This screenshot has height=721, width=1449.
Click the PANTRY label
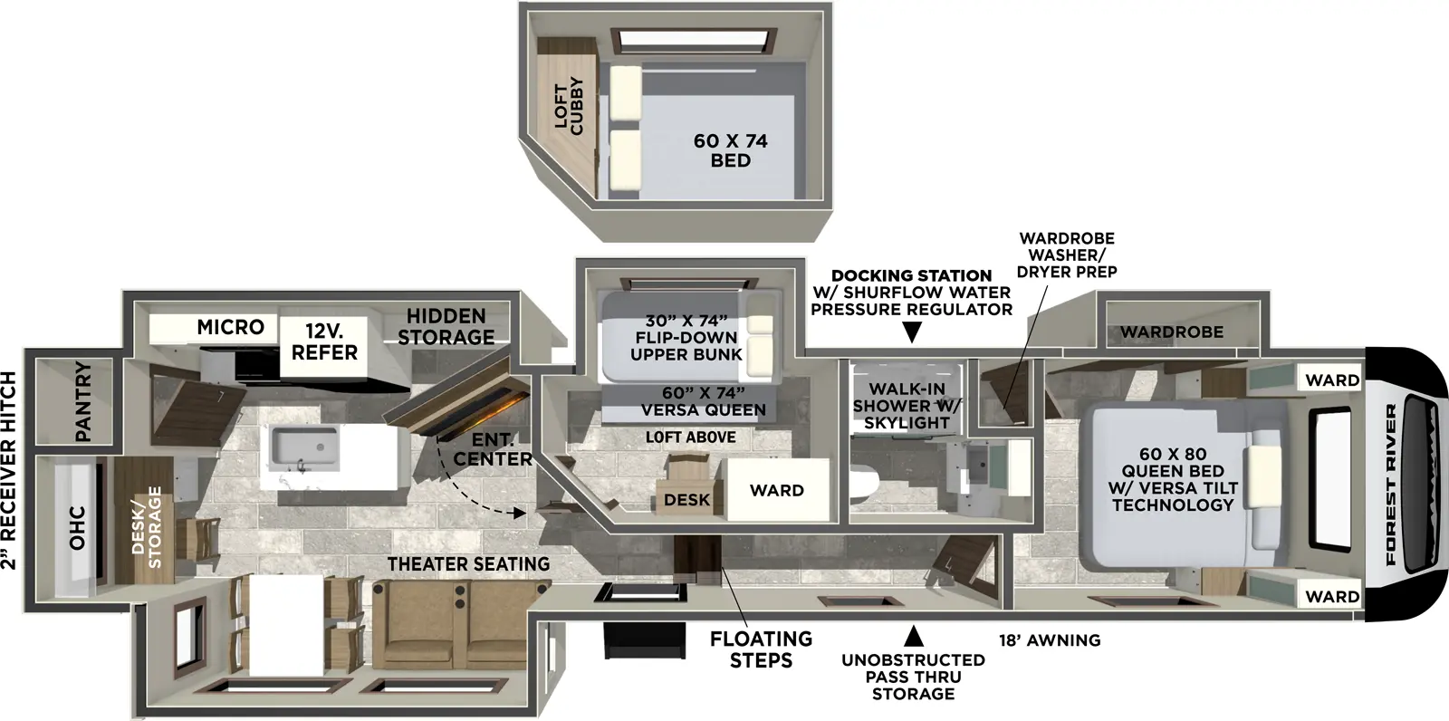tap(82, 401)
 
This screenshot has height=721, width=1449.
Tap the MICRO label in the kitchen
tap(230, 327)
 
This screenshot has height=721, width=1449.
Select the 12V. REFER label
tap(324, 342)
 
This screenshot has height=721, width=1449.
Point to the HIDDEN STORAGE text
tap(446, 326)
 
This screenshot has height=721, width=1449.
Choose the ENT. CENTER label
tap(493, 450)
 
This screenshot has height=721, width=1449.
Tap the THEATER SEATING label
tap(468, 563)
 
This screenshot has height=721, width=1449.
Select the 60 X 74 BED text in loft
tap(730, 150)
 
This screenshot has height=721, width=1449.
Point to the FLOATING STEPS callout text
tap(761, 649)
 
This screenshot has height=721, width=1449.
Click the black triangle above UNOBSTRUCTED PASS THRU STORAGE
tap(914, 634)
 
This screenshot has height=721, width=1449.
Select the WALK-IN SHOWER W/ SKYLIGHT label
tap(907, 406)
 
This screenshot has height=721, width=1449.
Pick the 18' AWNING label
tap(1050, 640)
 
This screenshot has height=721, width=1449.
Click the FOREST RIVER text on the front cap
tap(1391, 485)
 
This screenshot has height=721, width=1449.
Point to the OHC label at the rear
tap(77, 527)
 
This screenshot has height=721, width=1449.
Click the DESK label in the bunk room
tap(686, 500)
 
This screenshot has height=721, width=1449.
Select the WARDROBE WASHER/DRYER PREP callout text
tap(1067, 255)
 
